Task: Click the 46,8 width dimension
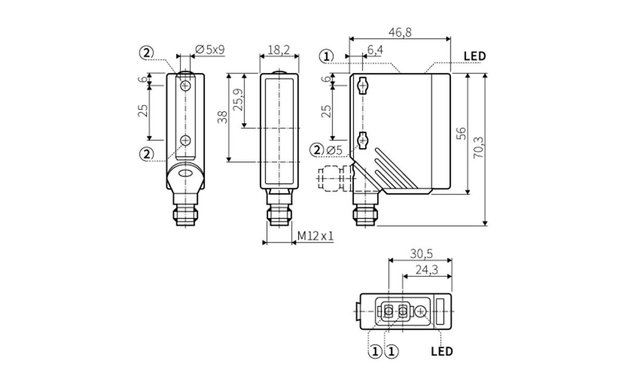click(400, 32)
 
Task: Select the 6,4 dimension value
click(375, 50)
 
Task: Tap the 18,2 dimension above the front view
click(279, 50)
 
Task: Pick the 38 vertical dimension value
click(223, 117)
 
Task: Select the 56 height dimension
click(461, 134)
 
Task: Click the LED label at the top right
click(474, 56)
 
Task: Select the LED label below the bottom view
click(442, 351)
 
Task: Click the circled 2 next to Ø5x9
click(147, 52)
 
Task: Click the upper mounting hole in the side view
click(363, 85)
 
